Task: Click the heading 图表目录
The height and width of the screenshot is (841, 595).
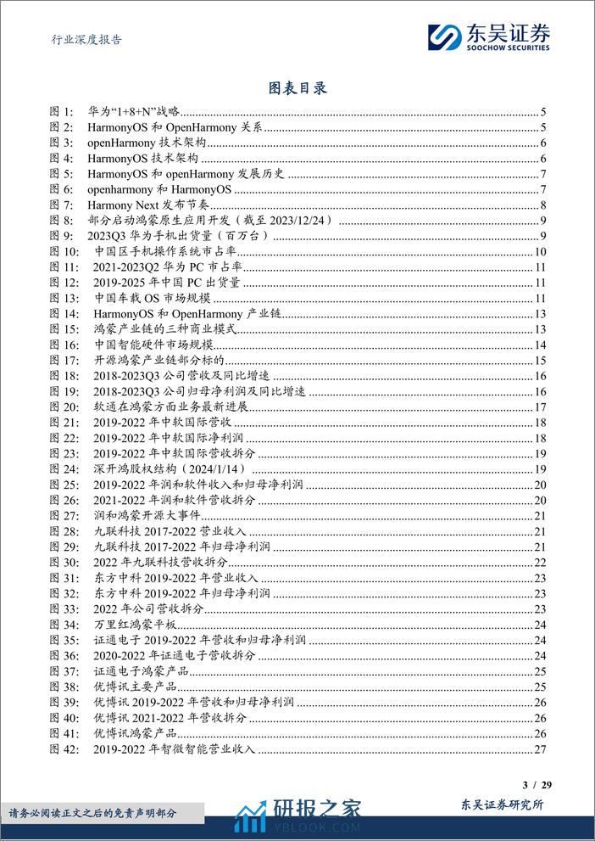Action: point(297,88)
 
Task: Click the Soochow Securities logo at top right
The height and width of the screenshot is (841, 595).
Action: point(488,36)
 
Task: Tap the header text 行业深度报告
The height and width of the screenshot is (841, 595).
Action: point(81,39)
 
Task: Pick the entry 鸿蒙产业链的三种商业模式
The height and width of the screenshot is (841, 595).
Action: point(164,329)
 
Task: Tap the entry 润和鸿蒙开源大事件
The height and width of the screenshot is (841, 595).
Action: point(146,516)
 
